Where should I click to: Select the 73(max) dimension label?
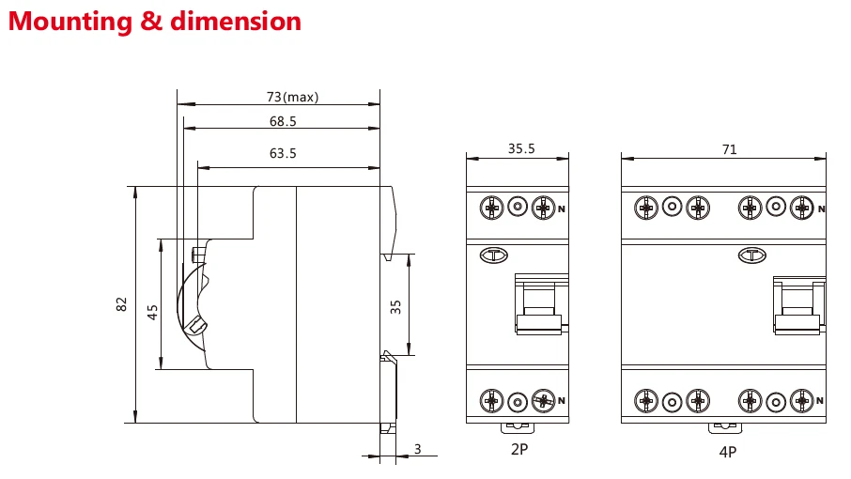pos(293,97)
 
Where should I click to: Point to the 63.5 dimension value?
pos(282,153)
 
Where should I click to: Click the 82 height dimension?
pos(121,304)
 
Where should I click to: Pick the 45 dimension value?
pos(153,312)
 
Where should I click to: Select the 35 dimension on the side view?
pos(395,306)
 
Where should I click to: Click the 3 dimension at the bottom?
pos(417,450)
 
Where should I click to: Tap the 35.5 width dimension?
pos(521,148)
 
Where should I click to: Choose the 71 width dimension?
pos(729,148)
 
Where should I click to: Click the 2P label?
pos(518,450)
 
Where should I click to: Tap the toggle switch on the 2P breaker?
pos(539,306)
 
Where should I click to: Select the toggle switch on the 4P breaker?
pos(797,306)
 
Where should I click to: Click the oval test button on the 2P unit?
pos(493,255)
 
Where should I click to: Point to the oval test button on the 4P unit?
pos(751,254)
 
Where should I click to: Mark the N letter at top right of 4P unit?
pos(822,209)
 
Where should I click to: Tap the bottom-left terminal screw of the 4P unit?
pos(645,401)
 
